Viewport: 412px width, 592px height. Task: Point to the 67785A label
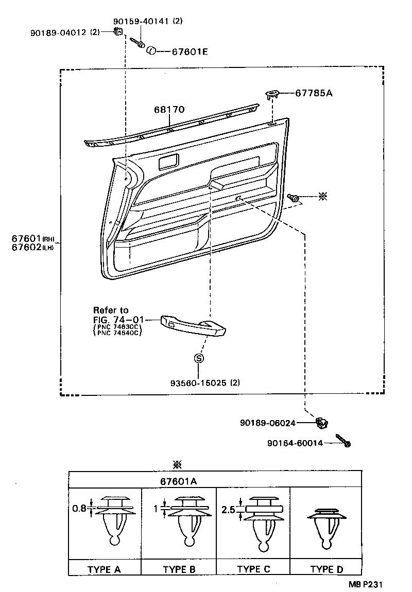(314, 93)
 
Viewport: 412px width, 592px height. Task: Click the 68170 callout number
(169, 110)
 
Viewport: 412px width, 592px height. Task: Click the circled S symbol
(199, 359)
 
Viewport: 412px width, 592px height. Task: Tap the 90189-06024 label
(267, 423)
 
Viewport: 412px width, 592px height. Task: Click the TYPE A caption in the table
(104, 569)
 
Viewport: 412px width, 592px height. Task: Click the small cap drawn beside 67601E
(151, 50)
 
